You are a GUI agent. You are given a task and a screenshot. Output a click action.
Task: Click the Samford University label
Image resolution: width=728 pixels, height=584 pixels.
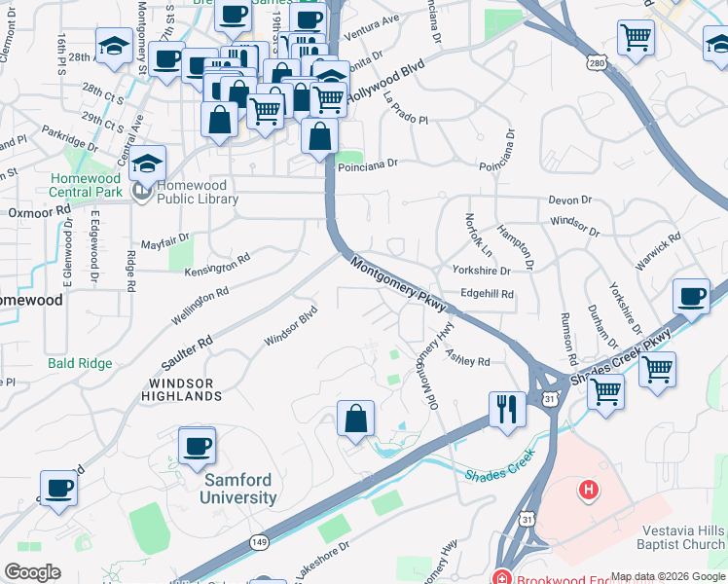[x=239, y=489]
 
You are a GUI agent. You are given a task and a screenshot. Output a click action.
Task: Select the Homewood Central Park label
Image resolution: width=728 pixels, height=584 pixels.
[x=86, y=185]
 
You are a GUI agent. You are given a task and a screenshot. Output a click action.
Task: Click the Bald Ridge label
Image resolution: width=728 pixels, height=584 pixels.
[x=80, y=364]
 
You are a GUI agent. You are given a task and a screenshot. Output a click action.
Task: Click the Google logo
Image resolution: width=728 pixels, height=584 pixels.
[x=32, y=572]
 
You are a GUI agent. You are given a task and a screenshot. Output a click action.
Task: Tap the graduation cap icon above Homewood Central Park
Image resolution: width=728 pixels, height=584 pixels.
[x=148, y=163]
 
